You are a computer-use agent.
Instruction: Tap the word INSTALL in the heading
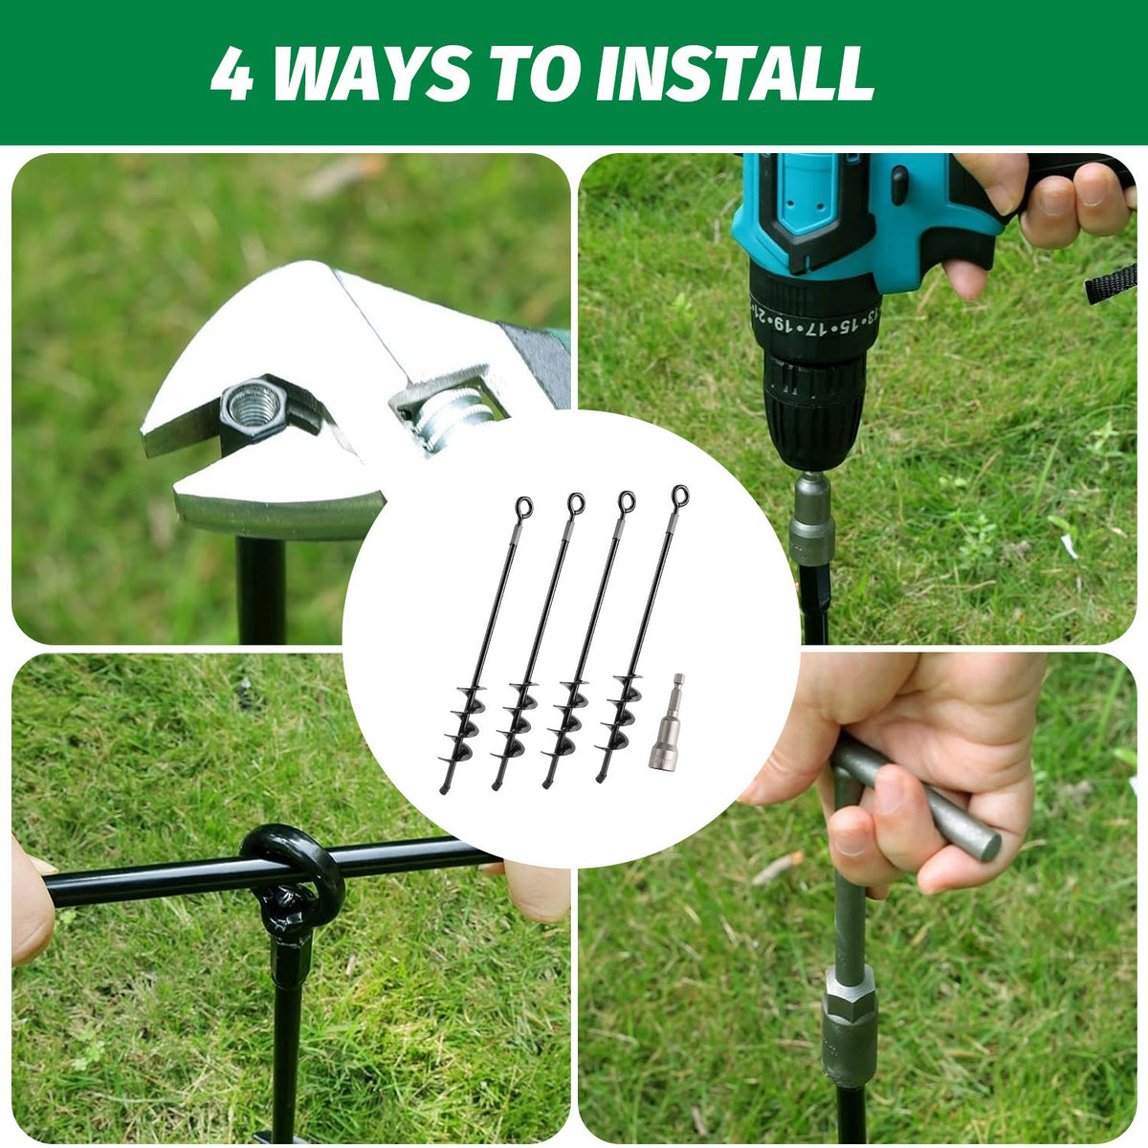(735, 73)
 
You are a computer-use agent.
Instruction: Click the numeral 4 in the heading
(232, 73)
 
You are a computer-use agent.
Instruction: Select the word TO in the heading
(540, 73)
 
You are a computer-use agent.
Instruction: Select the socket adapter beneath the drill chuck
(811, 518)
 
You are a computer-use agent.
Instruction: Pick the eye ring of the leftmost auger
(523, 508)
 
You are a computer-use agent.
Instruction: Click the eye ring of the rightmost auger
(680, 495)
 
